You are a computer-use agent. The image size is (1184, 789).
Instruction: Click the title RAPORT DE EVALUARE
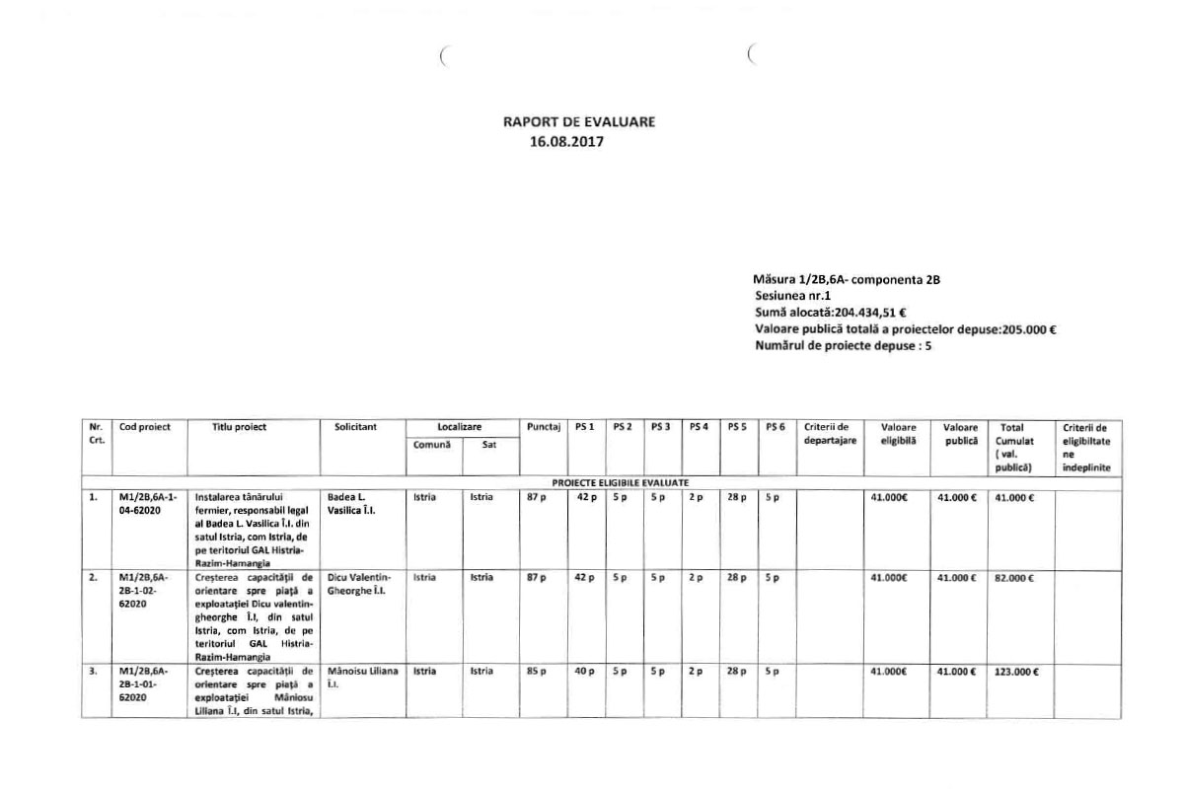(579, 122)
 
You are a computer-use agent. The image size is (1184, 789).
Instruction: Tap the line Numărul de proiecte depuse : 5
(843, 344)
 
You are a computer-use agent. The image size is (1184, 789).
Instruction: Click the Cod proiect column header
(145, 427)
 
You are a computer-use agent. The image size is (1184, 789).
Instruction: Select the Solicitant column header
(351, 427)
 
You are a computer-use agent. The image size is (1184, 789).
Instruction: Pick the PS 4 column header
(698, 427)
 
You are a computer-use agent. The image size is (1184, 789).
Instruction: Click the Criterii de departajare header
(827, 433)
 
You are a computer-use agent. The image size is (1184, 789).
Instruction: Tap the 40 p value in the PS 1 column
(585, 672)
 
